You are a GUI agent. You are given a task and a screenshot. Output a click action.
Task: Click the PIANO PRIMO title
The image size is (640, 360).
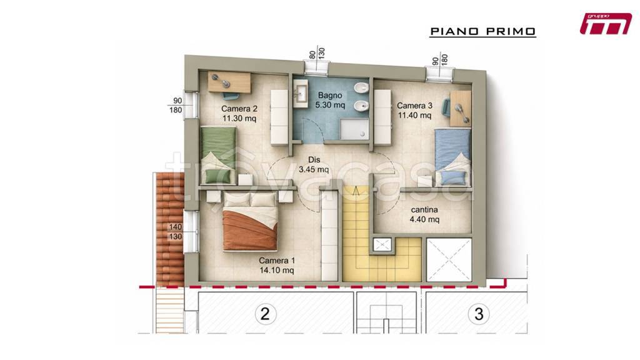[x=483, y=31]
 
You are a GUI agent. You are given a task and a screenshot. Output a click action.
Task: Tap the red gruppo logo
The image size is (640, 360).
[x=606, y=24]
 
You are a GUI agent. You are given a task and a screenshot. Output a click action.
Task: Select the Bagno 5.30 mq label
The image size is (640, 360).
[x=330, y=100]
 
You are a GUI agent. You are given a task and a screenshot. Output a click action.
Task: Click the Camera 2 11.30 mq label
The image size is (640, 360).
[x=239, y=114]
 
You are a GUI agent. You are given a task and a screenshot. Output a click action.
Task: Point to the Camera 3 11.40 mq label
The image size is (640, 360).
[x=414, y=110]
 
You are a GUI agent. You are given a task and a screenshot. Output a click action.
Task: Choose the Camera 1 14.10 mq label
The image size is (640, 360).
[x=277, y=265]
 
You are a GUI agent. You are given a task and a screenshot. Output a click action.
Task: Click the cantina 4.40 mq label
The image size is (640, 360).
[x=424, y=214]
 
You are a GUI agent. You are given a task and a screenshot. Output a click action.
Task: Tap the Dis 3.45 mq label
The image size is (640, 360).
[x=314, y=164]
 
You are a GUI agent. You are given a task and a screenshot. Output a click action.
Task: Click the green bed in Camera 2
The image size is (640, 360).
[x=219, y=155]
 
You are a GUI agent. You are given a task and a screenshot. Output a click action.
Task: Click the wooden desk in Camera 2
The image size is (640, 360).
[x=230, y=82]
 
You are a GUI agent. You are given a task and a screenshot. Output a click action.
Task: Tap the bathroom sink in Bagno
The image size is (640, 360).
[x=301, y=94]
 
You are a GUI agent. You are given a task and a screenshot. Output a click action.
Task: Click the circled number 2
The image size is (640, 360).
[x=265, y=314]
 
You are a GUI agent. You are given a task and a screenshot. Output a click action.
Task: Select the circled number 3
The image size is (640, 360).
[x=479, y=314]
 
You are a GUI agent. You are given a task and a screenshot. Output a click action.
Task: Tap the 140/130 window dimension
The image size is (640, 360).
[x=176, y=231]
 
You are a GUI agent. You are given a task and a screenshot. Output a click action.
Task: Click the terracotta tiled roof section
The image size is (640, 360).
[x=170, y=229]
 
